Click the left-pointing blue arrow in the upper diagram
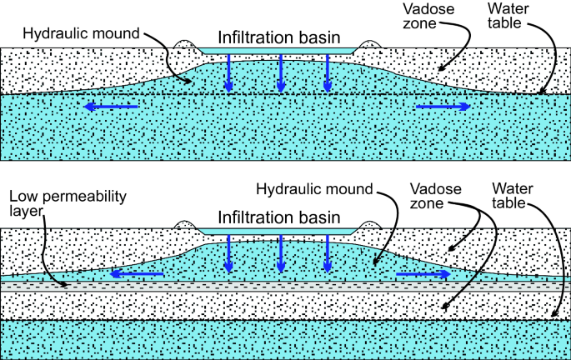coord(110,106)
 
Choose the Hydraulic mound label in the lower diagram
coord(325,189)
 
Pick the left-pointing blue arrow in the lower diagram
coord(137,273)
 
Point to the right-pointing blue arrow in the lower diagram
coord(423,273)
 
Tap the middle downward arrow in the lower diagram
coord(281,252)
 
